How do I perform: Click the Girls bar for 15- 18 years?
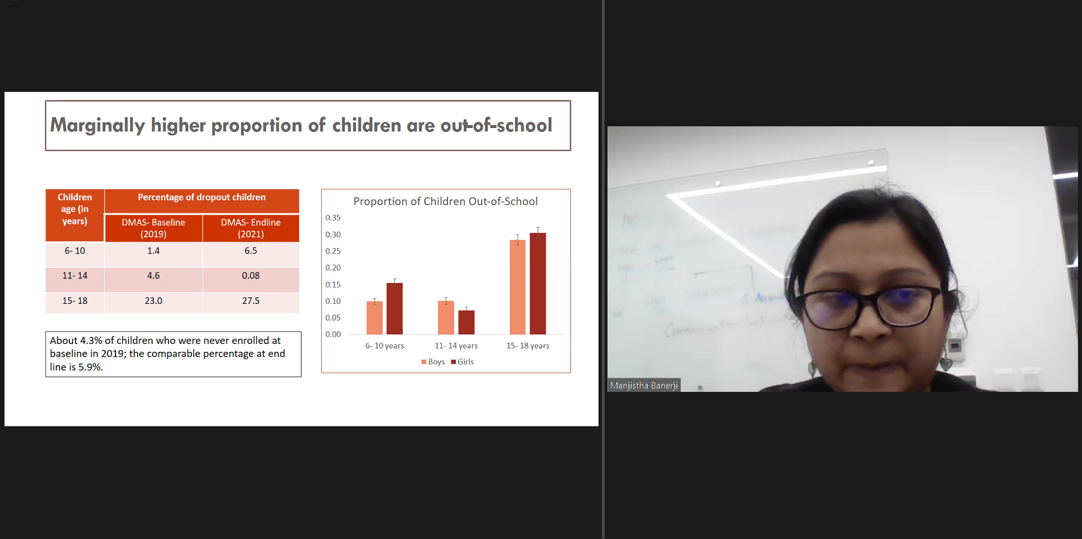click(x=538, y=284)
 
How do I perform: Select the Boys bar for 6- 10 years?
click(x=375, y=318)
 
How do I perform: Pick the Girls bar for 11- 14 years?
click(x=467, y=322)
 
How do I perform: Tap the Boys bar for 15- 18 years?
click(x=517, y=287)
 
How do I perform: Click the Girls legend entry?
click(x=462, y=362)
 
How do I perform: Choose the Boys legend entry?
click(x=433, y=362)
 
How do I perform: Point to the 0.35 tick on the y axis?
click(x=333, y=218)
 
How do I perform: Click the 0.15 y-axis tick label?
click(x=333, y=285)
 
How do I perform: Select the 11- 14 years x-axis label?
click(x=456, y=346)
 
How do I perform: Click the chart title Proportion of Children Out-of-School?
click(x=445, y=201)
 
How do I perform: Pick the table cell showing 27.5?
click(x=251, y=301)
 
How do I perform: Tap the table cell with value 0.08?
click(x=251, y=276)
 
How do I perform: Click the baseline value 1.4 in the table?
click(x=153, y=251)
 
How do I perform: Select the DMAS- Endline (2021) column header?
click(x=251, y=228)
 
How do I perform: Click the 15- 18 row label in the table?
click(x=75, y=301)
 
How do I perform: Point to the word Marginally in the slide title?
click(x=97, y=126)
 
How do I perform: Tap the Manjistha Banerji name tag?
click(x=644, y=386)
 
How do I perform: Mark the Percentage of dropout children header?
click(x=202, y=197)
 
